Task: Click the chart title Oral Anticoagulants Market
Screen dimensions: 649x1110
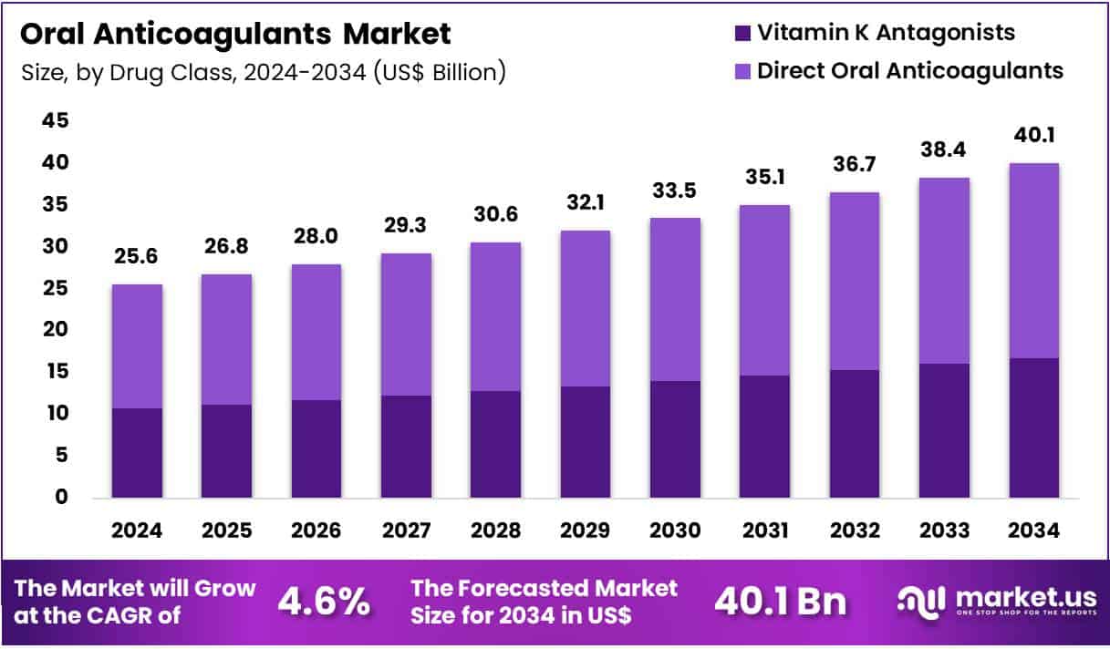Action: pos(235,35)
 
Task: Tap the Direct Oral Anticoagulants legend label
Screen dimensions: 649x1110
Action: pos(910,70)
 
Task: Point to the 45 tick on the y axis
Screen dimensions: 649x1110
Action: pos(54,121)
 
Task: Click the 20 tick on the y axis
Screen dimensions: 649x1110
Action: pos(54,330)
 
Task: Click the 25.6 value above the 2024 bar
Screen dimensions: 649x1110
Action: pos(137,259)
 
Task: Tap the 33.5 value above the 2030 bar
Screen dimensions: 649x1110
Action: pos(675,192)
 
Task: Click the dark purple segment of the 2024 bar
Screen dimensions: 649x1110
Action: pos(137,453)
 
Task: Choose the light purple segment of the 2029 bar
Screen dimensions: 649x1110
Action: pos(585,308)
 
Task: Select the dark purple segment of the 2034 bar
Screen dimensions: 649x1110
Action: pos(1033,428)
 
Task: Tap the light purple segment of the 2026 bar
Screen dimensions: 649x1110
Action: pos(316,332)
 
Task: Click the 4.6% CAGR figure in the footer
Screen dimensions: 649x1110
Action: pos(325,602)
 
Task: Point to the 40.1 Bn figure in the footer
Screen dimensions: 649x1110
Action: pos(780,602)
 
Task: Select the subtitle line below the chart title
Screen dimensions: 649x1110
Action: pos(263,72)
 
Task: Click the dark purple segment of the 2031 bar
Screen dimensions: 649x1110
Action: pos(764,437)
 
